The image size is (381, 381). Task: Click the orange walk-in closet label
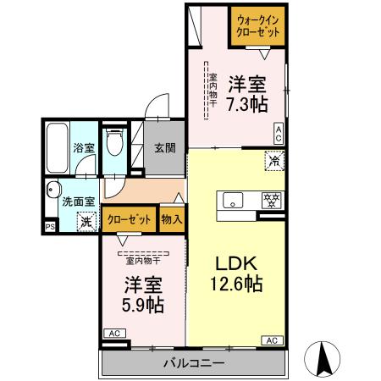coord(258,25)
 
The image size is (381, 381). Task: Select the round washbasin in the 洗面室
coord(54,190)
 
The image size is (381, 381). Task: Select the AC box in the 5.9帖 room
coord(113,334)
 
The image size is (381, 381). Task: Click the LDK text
coord(235,262)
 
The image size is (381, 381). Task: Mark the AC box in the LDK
coord(272,340)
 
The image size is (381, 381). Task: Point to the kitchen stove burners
coord(271,200)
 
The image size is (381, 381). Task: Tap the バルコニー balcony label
coord(194,364)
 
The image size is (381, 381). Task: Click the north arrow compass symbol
coord(323,359)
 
